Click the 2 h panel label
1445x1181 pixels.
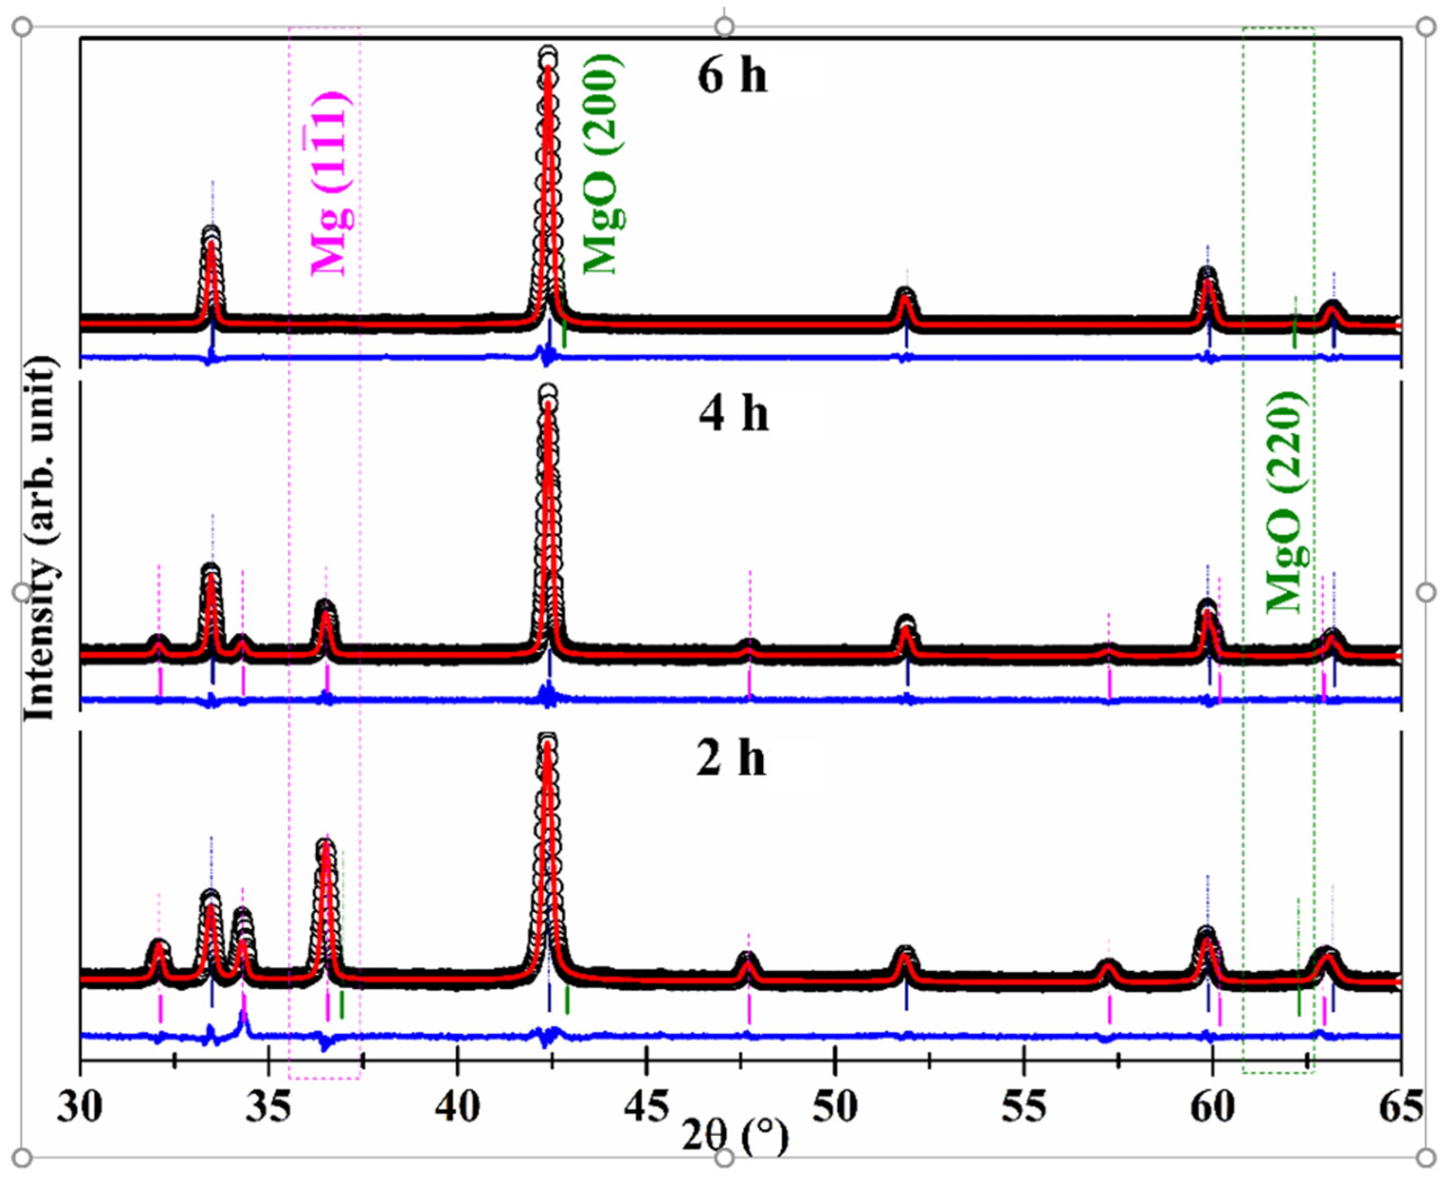coord(732,759)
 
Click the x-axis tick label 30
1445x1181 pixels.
coord(80,1108)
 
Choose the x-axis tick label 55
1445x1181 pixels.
coord(1024,1108)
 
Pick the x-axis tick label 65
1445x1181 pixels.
coord(1401,1108)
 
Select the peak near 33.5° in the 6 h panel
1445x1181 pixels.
coord(212,235)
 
